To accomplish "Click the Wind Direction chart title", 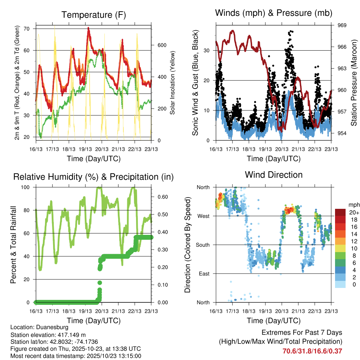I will point(274,174).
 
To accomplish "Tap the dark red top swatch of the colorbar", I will point(340,212).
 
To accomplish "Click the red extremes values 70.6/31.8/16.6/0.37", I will point(312,351).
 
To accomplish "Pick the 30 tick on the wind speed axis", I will point(207,50).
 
